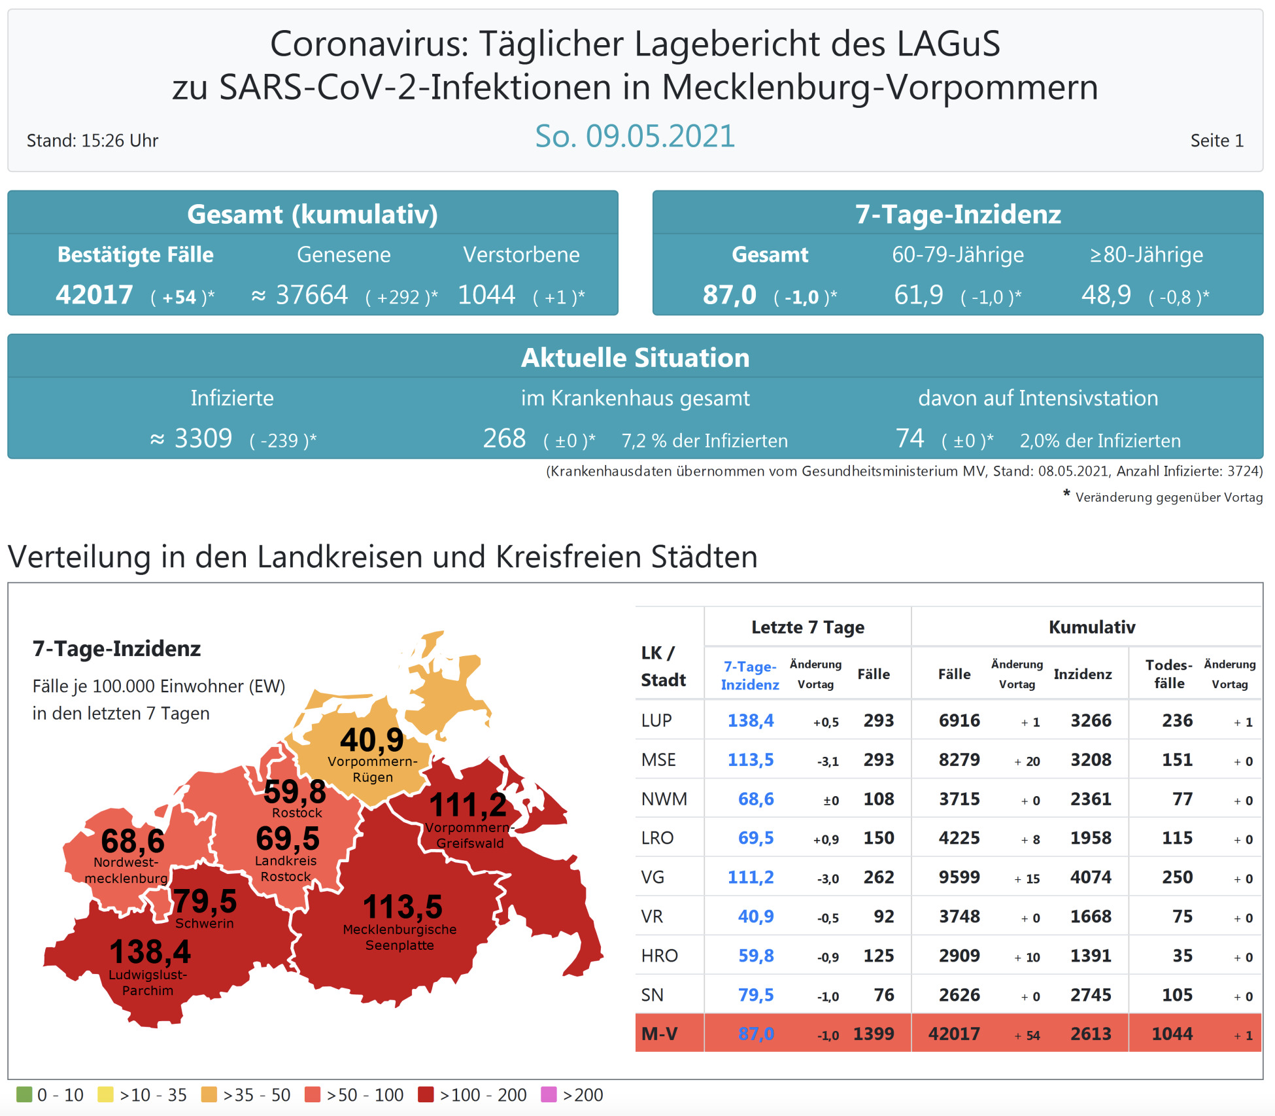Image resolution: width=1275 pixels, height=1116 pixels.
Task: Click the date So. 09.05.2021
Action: [634, 136]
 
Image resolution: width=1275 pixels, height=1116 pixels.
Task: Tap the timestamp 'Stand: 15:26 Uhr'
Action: [92, 141]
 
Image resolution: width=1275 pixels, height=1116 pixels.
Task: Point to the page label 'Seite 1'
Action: [1216, 141]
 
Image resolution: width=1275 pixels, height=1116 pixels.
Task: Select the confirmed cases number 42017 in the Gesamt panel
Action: [94, 295]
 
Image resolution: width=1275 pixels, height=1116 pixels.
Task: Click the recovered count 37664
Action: [312, 295]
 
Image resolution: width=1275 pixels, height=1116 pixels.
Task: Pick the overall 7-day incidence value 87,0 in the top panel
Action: [729, 295]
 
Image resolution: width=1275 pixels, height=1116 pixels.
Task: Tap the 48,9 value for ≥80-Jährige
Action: [1106, 295]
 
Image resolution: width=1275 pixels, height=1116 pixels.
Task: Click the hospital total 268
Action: [504, 438]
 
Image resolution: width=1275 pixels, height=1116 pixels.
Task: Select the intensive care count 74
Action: [909, 438]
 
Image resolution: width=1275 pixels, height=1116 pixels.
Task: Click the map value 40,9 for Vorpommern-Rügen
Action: [372, 740]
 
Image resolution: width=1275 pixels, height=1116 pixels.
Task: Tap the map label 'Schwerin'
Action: [204, 923]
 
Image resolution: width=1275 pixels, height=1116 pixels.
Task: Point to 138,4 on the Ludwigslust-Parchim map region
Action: [150, 952]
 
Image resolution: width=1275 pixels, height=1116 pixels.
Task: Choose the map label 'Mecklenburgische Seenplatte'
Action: [399, 937]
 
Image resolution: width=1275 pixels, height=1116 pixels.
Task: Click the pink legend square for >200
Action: [549, 1094]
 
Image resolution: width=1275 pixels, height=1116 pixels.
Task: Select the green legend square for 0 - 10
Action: [24, 1094]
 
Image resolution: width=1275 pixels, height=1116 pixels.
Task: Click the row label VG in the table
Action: [653, 877]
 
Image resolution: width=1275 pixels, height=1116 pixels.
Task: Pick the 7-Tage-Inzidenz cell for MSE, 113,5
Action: [750, 759]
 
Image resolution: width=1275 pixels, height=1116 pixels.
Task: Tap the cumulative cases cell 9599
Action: [959, 877]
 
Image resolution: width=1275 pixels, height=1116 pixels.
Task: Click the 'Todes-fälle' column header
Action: [1168, 674]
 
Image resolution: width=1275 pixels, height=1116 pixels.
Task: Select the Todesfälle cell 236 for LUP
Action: [1177, 720]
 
